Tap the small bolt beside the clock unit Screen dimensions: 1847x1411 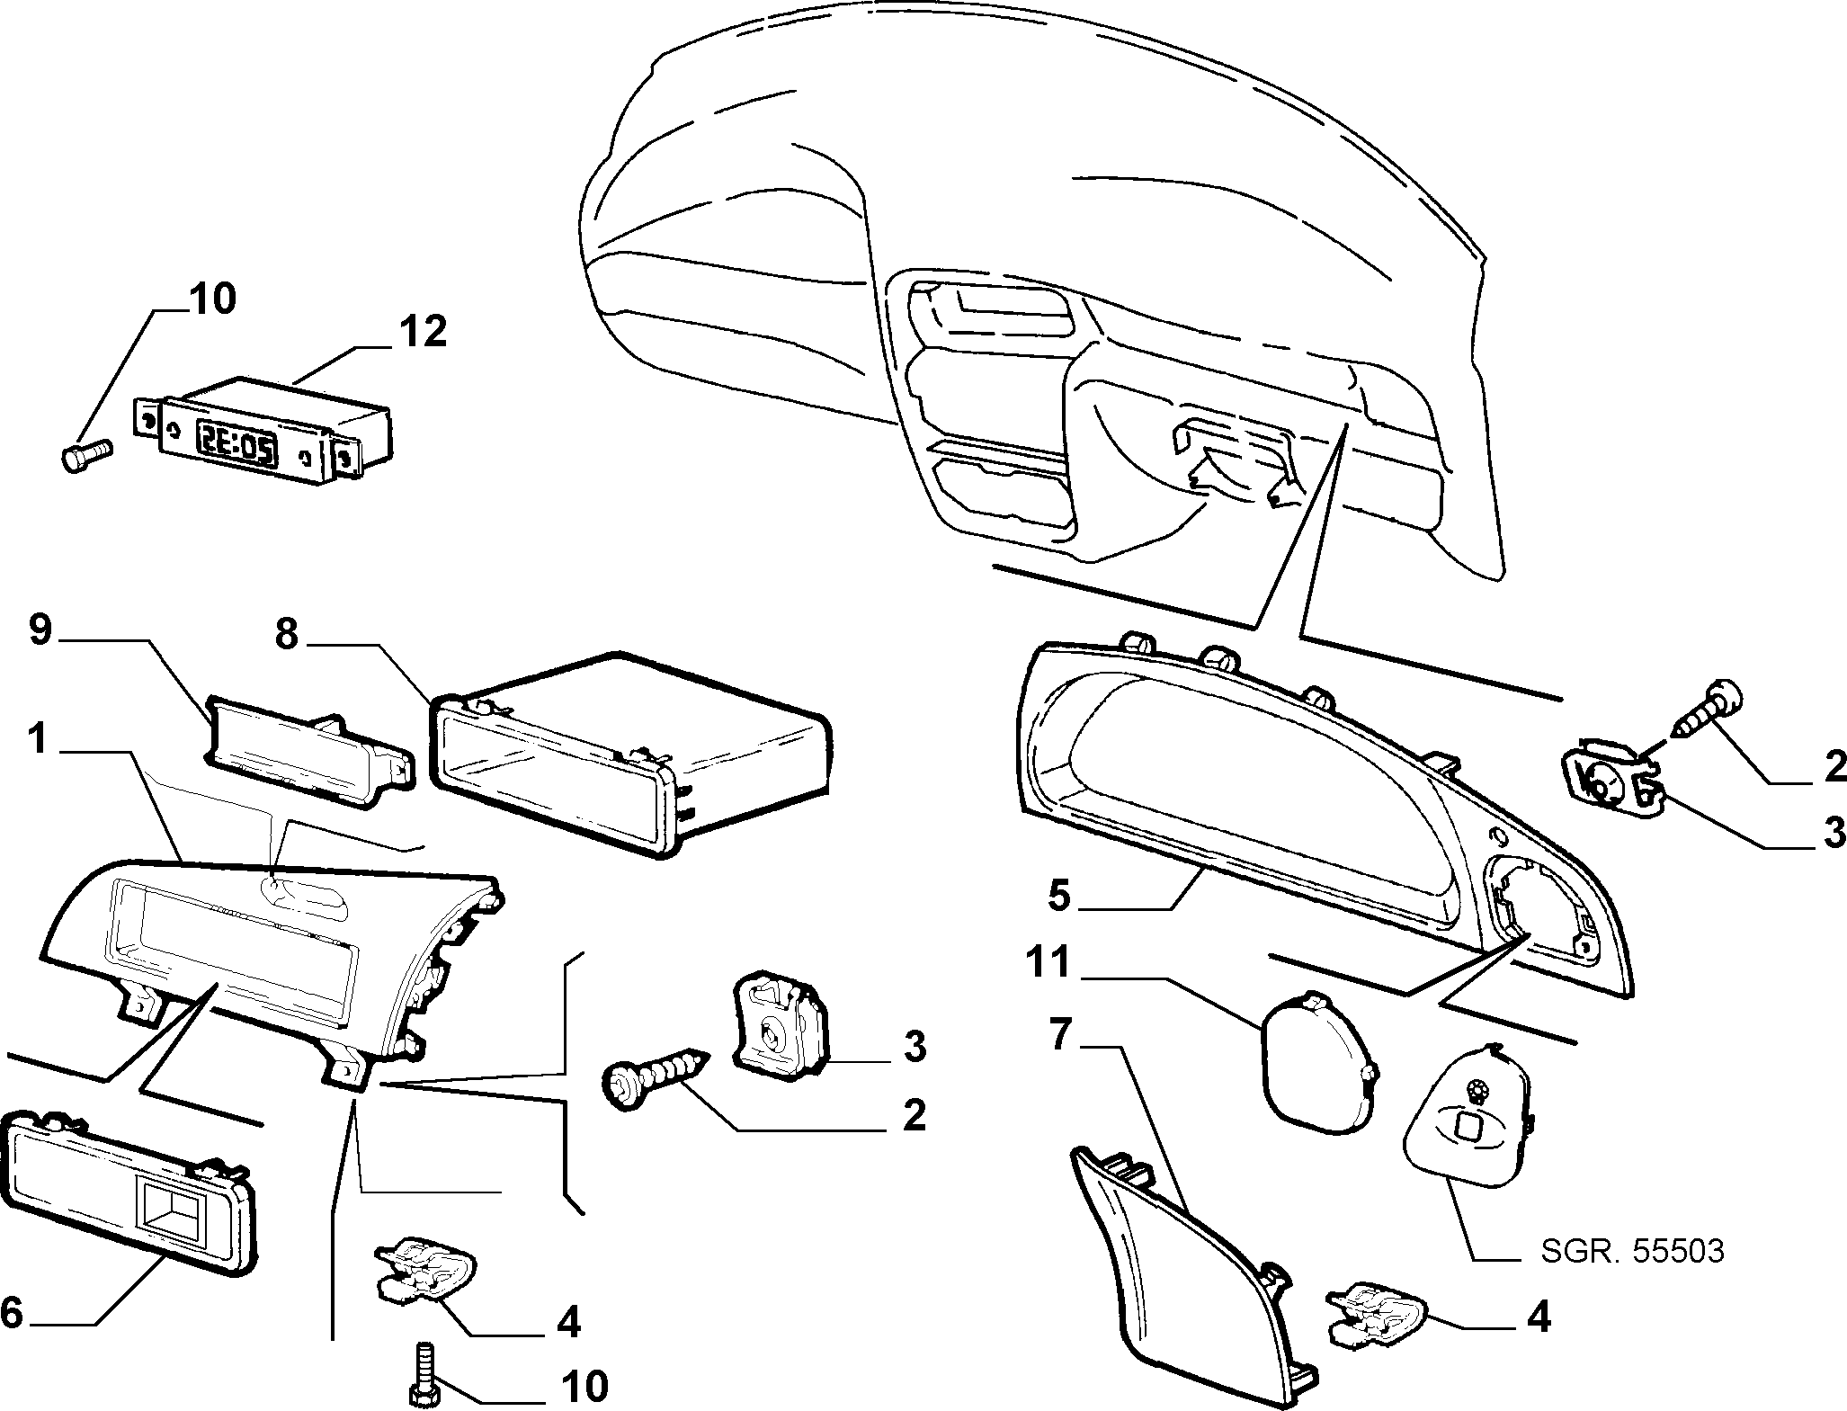pyautogui.click(x=85, y=452)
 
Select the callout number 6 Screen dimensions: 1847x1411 pyautogui.click(x=12, y=1312)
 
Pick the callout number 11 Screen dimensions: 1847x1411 pyautogui.click(x=1049, y=962)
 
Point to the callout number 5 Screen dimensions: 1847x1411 pyautogui.click(x=1059, y=896)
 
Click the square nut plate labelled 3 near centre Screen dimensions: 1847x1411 pyautogui.click(x=779, y=1026)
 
